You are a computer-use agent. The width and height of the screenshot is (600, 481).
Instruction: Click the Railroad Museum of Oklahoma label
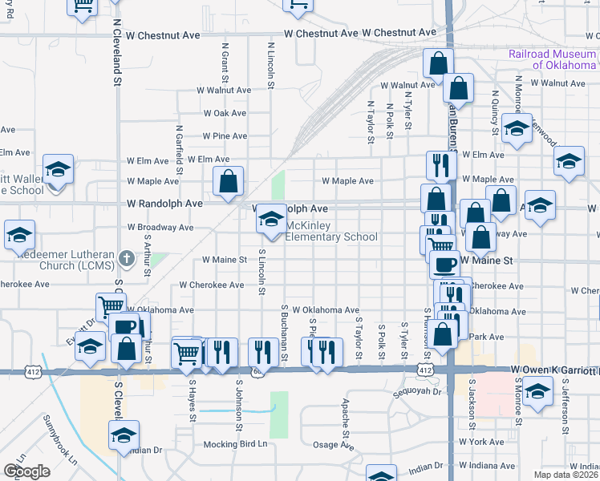(x=553, y=59)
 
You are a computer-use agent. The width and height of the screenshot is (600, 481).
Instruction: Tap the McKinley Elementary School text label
(x=331, y=231)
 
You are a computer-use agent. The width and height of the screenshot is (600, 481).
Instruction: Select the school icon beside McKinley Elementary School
(x=271, y=220)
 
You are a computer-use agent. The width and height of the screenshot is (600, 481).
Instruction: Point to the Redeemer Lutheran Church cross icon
(x=126, y=259)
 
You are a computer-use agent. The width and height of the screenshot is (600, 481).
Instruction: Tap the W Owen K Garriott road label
(x=554, y=370)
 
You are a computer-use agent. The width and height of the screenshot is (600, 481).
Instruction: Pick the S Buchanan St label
(x=283, y=332)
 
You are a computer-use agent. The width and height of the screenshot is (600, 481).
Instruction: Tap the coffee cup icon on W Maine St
(x=444, y=265)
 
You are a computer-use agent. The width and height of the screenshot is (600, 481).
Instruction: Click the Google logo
(x=27, y=471)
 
